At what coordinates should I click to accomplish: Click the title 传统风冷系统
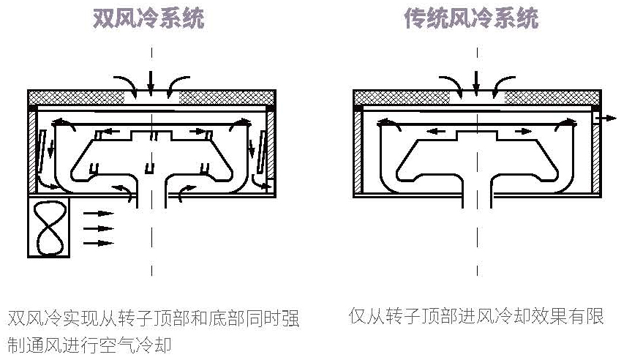(471, 18)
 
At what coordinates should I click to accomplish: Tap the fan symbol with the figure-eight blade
(49, 227)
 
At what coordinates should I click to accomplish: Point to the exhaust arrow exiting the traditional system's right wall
(606, 117)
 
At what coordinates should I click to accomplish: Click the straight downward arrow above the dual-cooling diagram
(151, 78)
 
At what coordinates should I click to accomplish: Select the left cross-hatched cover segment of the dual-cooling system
(75, 97)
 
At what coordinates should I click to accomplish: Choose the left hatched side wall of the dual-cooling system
(32, 150)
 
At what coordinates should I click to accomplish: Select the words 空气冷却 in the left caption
(143, 344)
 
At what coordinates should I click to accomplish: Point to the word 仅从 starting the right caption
(367, 317)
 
